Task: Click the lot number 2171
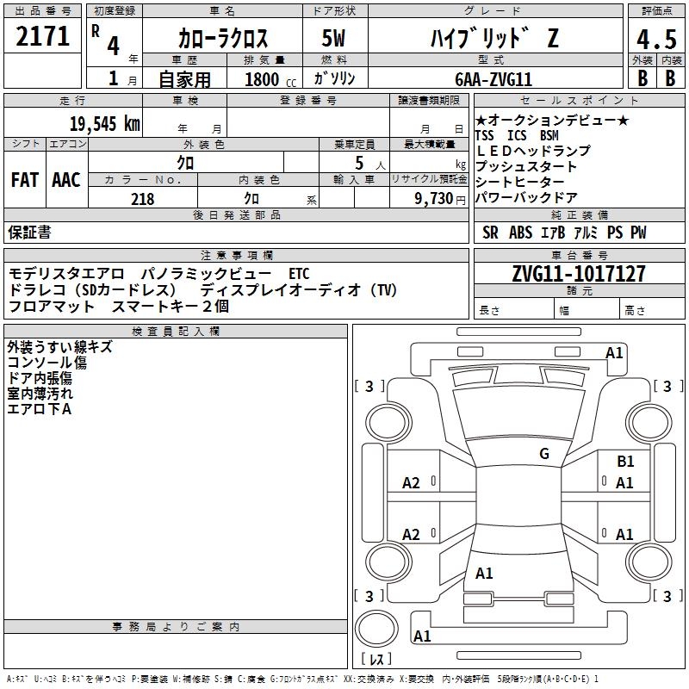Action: coord(42,36)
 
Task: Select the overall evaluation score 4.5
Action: coord(655,39)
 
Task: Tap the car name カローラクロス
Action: coord(223,39)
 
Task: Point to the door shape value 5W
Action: coord(333,39)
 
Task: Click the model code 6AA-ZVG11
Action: coord(493,79)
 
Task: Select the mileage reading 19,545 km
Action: coord(103,123)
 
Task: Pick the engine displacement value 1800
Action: coord(262,80)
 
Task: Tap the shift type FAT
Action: coord(24,180)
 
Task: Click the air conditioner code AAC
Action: coord(66,180)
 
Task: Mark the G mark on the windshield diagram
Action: coord(543,453)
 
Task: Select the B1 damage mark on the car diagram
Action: coord(625,462)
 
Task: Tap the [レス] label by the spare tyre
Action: coord(380,660)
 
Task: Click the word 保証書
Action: coord(29,233)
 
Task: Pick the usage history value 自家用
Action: coord(184,80)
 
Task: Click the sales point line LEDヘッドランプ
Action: coord(532,151)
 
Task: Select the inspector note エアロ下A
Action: coord(39,409)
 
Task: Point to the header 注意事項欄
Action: coord(236,256)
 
